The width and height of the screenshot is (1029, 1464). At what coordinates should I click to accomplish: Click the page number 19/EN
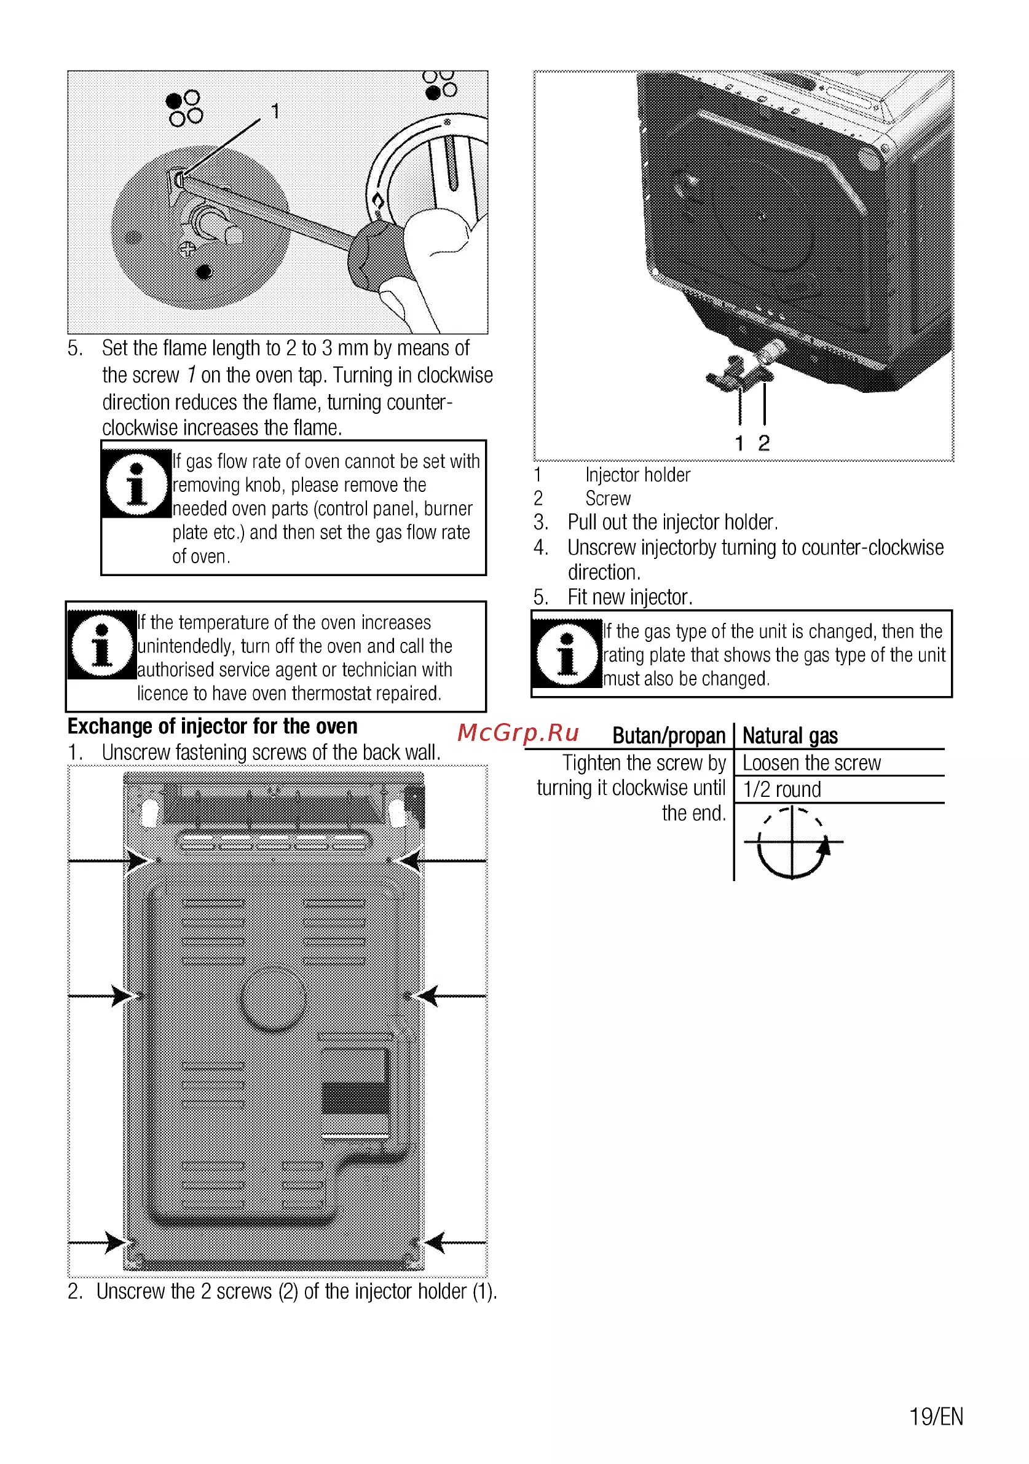[936, 1416]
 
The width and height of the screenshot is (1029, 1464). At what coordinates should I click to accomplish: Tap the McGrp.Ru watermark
[518, 734]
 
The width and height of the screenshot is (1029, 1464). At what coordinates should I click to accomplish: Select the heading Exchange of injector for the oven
[212, 726]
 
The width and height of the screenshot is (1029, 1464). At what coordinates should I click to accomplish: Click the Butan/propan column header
[669, 736]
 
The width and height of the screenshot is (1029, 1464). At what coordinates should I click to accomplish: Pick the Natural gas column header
[790, 736]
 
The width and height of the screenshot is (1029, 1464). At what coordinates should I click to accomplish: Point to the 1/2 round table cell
[782, 789]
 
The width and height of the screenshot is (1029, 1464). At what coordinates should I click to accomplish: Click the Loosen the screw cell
[811, 762]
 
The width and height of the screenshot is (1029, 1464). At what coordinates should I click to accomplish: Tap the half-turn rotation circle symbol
[792, 842]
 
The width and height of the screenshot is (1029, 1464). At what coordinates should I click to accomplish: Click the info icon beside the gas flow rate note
[136, 484]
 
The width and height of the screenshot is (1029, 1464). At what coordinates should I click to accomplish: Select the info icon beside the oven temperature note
[102, 644]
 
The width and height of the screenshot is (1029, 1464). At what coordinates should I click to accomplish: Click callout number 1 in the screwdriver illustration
[275, 111]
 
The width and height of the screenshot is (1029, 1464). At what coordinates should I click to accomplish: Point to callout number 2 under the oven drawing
[764, 443]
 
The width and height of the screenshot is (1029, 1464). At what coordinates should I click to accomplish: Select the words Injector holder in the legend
[637, 475]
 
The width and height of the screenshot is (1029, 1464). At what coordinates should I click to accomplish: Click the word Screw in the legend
[607, 499]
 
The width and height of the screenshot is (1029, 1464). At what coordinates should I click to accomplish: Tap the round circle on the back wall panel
[274, 999]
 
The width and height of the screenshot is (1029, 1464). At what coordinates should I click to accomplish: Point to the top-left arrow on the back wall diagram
[109, 861]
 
